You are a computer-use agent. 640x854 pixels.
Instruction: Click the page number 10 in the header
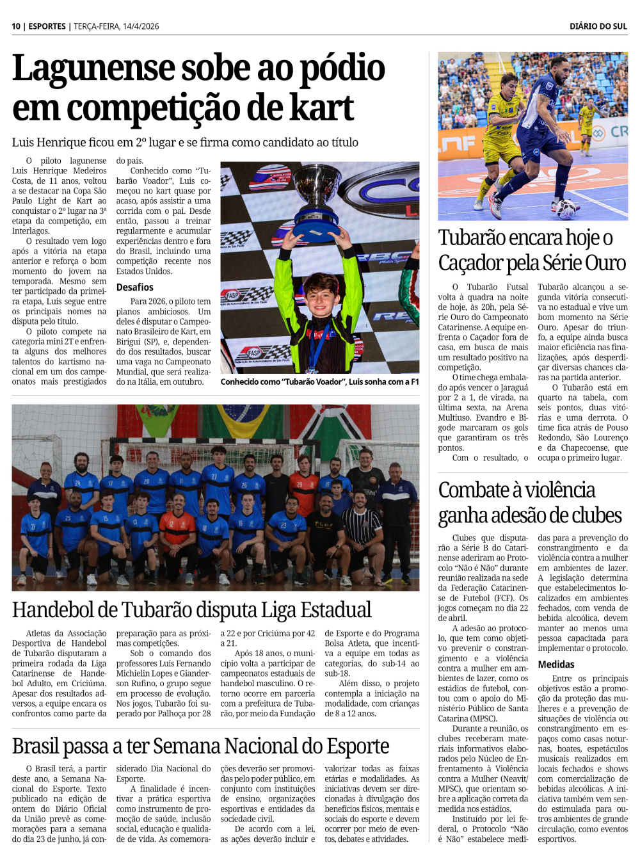coord(16,26)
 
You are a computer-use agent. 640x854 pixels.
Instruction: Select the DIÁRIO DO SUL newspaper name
coord(598,26)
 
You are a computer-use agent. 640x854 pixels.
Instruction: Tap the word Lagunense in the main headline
coord(93,69)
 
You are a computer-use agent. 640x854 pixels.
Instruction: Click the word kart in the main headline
coord(321,108)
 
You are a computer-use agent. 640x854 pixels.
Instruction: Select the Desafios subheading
coord(134,287)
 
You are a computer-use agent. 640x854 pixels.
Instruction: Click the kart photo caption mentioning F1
coord(319,382)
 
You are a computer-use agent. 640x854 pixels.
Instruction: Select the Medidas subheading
coord(556,665)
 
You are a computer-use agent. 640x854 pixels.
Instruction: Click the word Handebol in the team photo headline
coord(61,609)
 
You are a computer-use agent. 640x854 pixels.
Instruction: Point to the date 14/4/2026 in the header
coord(137,26)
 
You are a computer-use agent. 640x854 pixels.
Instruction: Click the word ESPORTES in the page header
coord(47,26)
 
